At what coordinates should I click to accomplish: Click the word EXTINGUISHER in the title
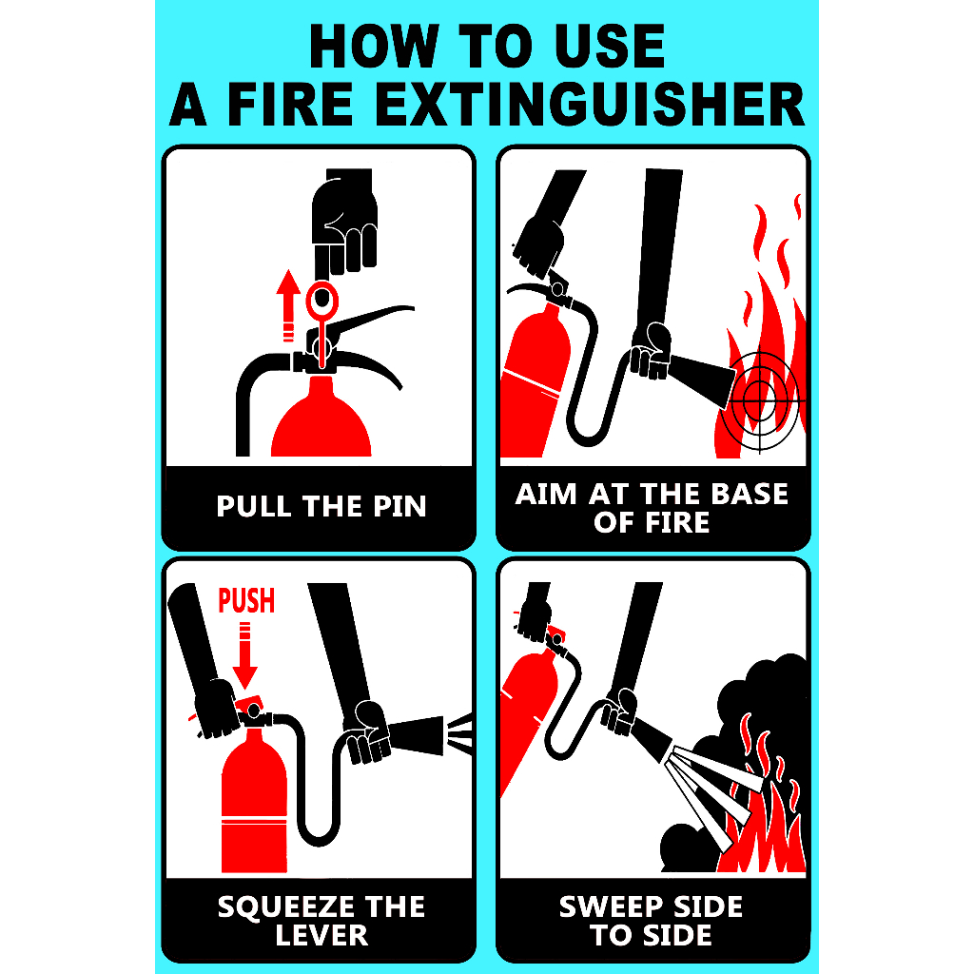(x=590, y=104)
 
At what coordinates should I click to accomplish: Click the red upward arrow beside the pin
(x=287, y=305)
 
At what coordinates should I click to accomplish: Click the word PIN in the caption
(x=400, y=506)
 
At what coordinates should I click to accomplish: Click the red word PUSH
(x=246, y=601)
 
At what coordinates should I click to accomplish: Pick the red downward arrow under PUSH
(x=244, y=656)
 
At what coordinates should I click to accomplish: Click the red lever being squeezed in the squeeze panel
(x=250, y=708)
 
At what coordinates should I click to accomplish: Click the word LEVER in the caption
(x=321, y=936)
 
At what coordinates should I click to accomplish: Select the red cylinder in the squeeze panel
(x=254, y=801)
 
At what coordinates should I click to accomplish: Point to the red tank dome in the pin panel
(x=321, y=417)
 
